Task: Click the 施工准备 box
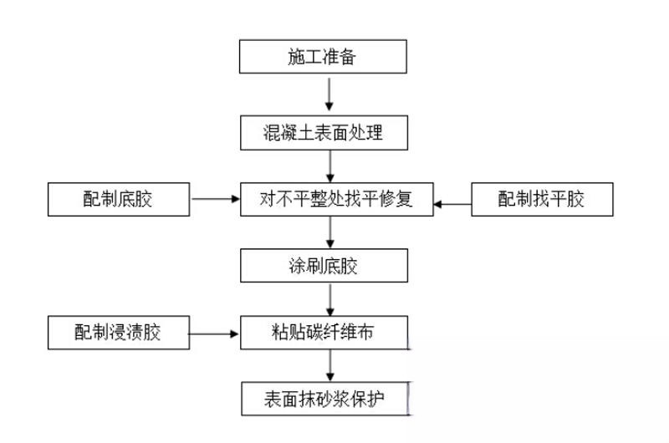pyautogui.click(x=324, y=58)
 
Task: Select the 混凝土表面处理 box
pyautogui.click(x=324, y=131)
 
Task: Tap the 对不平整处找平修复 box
pyautogui.click(x=336, y=199)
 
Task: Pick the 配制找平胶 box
pyautogui.click(x=542, y=199)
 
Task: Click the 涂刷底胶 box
pyautogui.click(x=324, y=266)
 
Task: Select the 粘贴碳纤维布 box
pyautogui.click(x=324, y=333)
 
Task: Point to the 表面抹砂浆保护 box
pyautogui.click(x=324, y=399)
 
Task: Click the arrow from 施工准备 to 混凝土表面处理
pyautogui.click(x=329, y=94)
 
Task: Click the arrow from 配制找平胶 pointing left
pyautogui.click(x=452, y=201)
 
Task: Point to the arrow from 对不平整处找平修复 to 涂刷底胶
pyautogui.click(x=329, y=232)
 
